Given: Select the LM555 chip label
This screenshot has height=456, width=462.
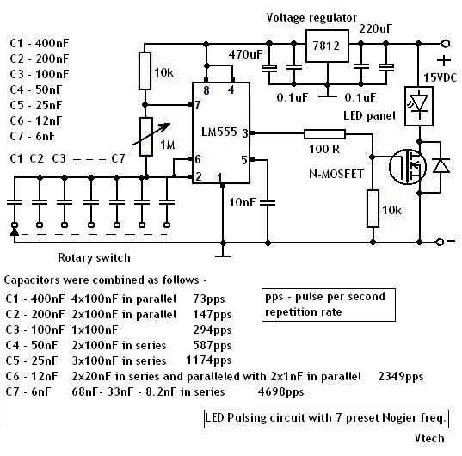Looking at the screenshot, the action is coord(219,132).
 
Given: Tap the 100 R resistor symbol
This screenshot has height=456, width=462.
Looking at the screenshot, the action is coord(324,134).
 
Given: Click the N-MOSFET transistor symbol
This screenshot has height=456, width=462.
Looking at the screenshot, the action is coord(408,166).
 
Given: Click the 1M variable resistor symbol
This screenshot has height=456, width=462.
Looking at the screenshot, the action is coord(146,137).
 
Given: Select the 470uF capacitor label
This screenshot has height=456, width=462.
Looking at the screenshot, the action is coord(245,54).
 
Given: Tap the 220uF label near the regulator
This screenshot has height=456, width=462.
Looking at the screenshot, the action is coord(376,29).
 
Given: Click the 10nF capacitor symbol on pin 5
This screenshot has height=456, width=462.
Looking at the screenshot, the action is coord(268,202).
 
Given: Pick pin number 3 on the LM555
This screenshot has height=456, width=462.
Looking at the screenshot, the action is coord(245,133).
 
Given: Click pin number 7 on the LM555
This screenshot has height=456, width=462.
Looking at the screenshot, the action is coord(197,105).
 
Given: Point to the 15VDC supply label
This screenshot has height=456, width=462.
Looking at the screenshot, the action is coord(440,77).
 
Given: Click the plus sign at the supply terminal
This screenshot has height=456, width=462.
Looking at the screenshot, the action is coord(444,61).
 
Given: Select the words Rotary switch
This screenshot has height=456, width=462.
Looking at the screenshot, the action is coord(94,258).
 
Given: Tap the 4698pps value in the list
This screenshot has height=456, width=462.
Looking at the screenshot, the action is coord(280,392).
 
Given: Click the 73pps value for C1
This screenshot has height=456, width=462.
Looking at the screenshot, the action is coord(209,299).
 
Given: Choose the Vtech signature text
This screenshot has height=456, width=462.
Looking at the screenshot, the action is coord(429,438).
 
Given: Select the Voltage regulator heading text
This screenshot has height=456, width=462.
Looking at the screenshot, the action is coord(311,18).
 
